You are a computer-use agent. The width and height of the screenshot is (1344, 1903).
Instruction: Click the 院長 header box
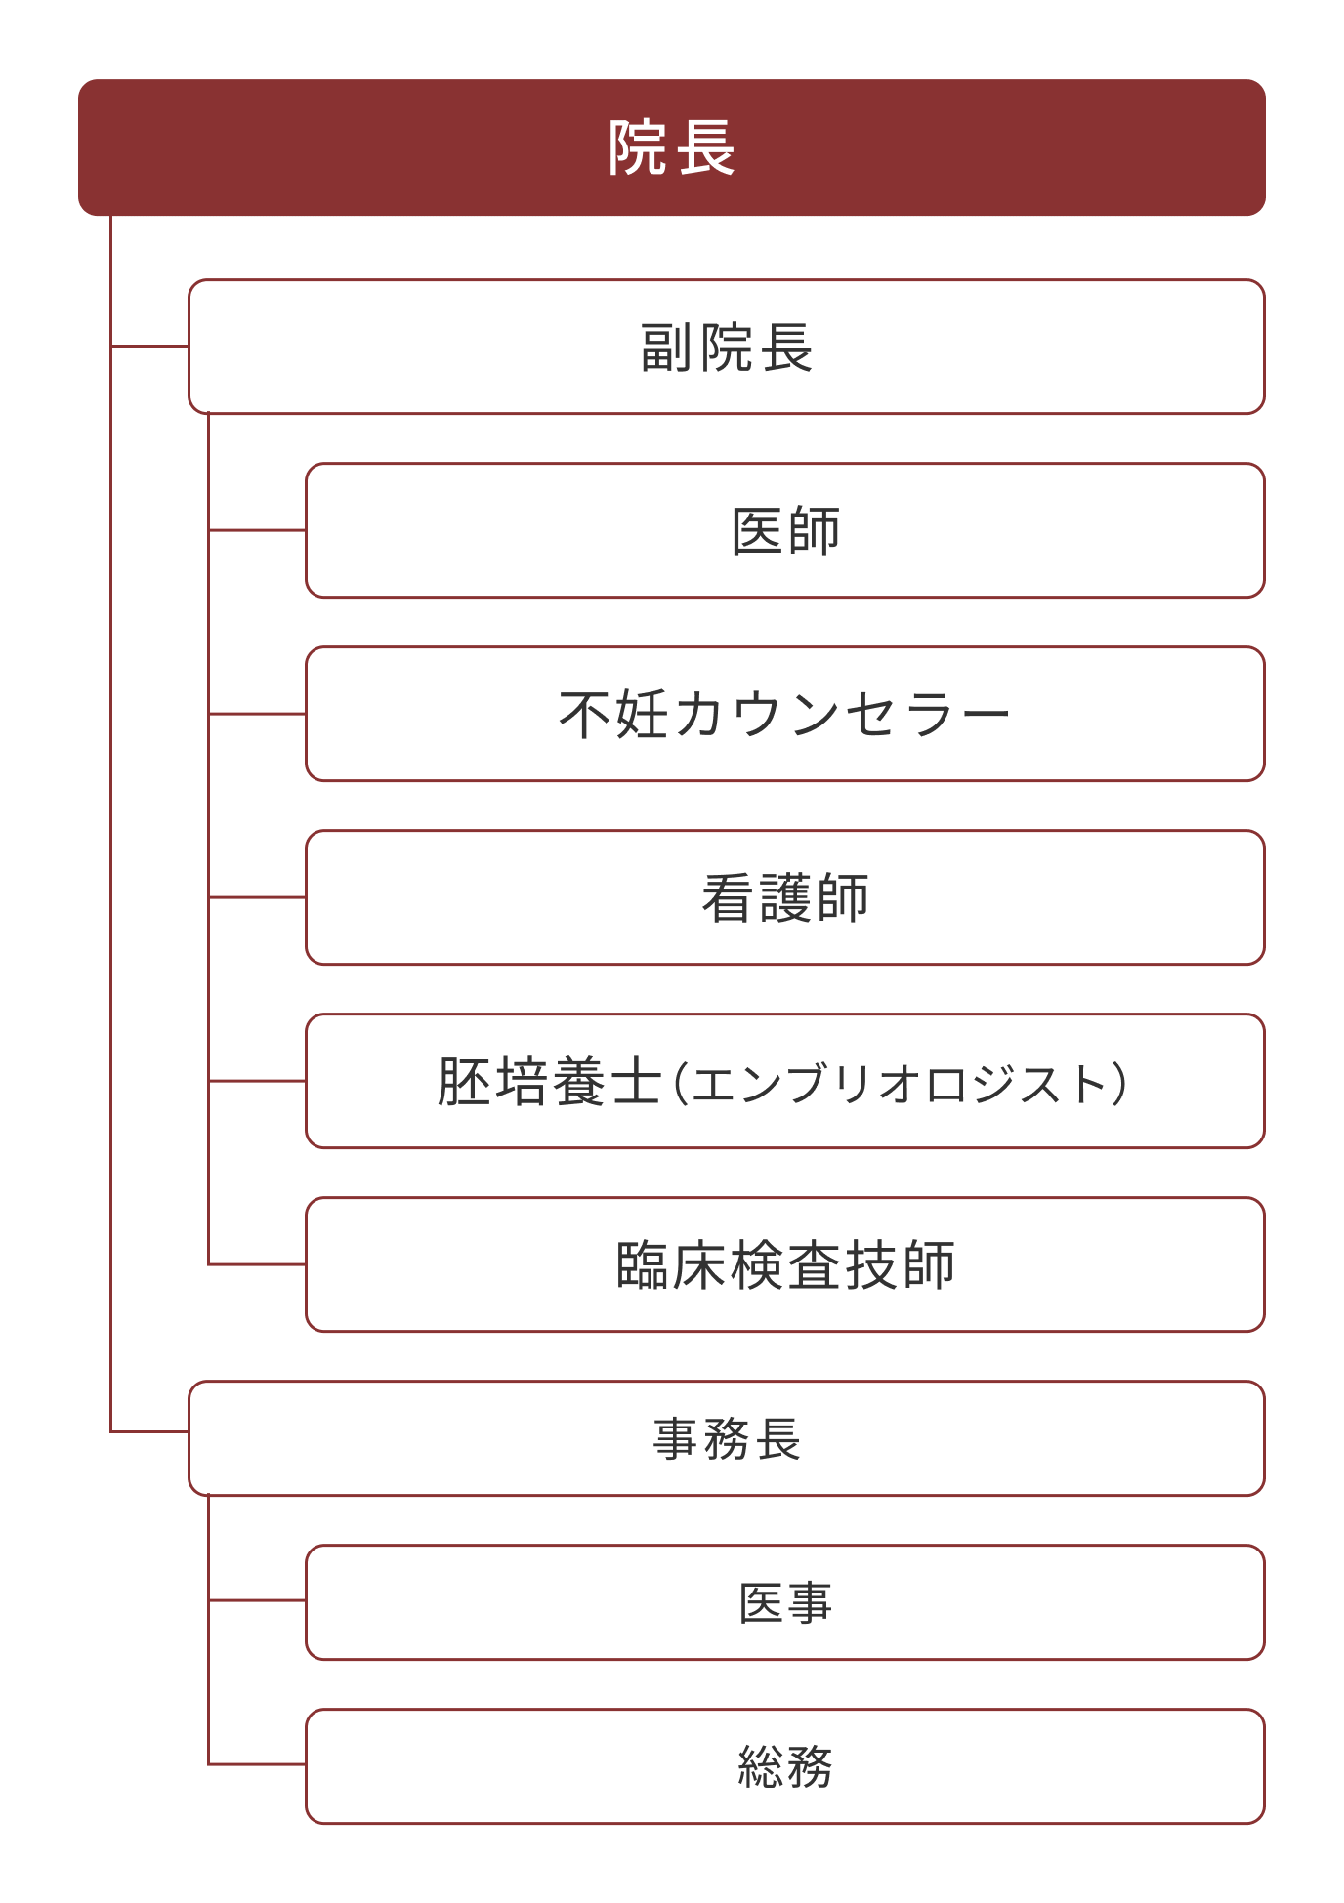tap(672, 147)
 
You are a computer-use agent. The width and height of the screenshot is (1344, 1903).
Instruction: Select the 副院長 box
tap(727, 347)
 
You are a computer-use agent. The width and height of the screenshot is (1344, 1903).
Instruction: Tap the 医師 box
tap(785, 530)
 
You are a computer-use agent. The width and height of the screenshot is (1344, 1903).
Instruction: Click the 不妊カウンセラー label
tap(785, 714)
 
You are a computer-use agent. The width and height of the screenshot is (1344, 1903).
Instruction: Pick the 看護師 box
tap(785, 897)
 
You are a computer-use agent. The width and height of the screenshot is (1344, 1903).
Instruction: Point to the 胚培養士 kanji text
tap(550, 1082)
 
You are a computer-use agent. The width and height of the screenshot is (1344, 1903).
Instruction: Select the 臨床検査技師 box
tap(785, 1264)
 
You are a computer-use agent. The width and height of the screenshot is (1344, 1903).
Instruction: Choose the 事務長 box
tap(727, 1438)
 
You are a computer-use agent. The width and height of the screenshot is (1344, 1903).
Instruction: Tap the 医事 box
tap(785, 1602)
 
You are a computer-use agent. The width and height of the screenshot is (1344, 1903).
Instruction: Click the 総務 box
tap(785, 1766)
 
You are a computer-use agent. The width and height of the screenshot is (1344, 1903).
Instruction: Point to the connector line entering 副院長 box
tap(150, 346)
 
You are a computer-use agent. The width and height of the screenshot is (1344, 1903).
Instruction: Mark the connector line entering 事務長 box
tap(150, 1432)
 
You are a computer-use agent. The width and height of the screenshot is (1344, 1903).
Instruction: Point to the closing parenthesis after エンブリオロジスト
tap(1119, 1083)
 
